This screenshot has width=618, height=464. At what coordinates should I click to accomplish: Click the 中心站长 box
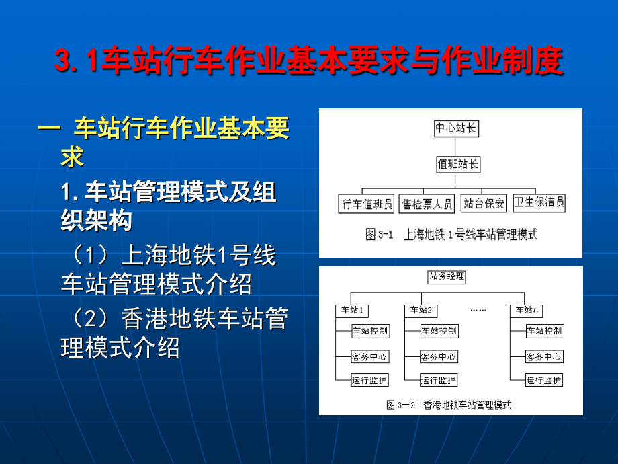(456, 128)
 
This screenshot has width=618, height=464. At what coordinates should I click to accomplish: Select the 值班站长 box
(458, 164)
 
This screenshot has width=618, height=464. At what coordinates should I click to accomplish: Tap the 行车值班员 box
(366, 203)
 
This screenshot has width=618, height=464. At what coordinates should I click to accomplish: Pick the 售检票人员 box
(427, 203)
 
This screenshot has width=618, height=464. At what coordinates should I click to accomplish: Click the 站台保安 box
(484, 203)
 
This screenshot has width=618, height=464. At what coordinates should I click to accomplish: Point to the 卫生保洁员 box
(539, 202)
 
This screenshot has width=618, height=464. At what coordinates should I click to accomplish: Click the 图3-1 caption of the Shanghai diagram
(451, 235)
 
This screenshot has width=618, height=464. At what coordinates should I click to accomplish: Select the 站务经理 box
(447, 276)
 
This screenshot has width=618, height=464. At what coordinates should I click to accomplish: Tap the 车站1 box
(352, 311)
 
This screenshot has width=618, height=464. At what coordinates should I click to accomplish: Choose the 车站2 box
(421, 311)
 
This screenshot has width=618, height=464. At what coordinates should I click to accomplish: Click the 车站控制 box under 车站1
(370, 331)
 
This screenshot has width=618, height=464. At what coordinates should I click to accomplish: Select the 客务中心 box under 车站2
(439, 357)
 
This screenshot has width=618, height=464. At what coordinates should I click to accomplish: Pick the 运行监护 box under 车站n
(544, 381)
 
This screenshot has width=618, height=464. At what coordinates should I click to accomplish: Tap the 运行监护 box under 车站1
(370, 381)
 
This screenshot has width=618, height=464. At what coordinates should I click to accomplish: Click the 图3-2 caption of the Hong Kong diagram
(449, 405)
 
